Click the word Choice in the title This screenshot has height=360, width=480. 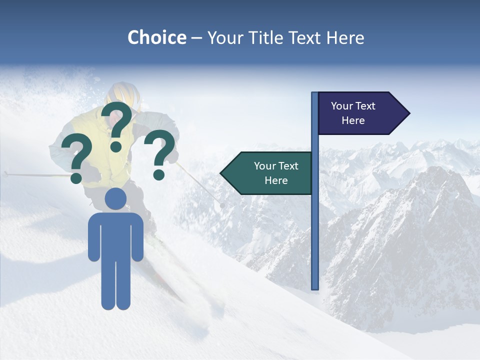(x=156, y=37)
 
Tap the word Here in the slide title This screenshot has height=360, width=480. (x=345, y=37)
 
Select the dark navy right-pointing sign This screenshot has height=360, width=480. (x=357, y=113)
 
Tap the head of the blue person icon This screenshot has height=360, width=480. (x=116, y=198)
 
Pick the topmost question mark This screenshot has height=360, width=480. (x=117, y=125)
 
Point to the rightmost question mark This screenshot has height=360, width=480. (x=160, y=154)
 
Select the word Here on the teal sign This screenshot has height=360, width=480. (x=276, y=180)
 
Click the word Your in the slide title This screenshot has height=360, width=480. (x=224, y=37)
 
